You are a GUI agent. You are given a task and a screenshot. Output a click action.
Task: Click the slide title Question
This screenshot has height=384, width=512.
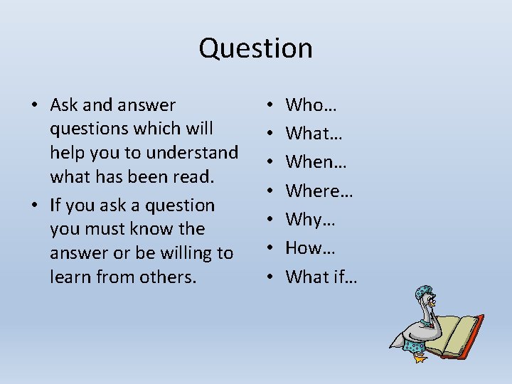(255, 48)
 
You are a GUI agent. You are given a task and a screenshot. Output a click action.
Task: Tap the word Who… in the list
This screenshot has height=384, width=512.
(311, 105)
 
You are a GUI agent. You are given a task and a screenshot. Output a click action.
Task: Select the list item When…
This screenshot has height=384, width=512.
(316, 162)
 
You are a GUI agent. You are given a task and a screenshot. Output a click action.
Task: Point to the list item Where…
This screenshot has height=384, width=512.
(319, 191)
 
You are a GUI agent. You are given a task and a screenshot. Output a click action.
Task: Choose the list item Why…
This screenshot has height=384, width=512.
(309, 219)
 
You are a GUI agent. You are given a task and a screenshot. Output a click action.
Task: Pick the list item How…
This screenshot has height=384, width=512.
(310, 247)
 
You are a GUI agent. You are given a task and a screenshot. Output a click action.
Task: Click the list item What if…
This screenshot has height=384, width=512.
(321, 276)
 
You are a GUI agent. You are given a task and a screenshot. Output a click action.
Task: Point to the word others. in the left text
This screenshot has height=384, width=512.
(169, 277)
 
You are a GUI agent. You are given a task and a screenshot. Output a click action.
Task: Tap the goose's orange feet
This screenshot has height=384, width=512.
(420, 357)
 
